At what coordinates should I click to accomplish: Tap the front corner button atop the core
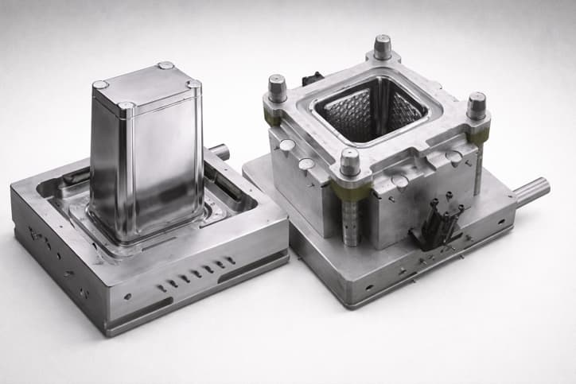pyautogui.click(x=126, y=104)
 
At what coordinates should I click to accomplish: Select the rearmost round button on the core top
pyautogui.click(x=165, y=65)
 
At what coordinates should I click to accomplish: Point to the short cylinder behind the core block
pyautogui.click(x=220, y=151)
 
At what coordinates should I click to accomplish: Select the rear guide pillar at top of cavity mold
pyautogui.click(x=383, y=46)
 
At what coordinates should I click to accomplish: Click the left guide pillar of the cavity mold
pyautogui.click(x=277, y=87)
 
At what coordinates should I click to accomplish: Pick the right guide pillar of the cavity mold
pyautogui.click(x=477, y=105)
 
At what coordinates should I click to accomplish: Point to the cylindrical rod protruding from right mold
pyautogui.click(x=531, y=192)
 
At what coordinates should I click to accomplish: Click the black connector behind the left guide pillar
pyautogui.click(x=313, y=79)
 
